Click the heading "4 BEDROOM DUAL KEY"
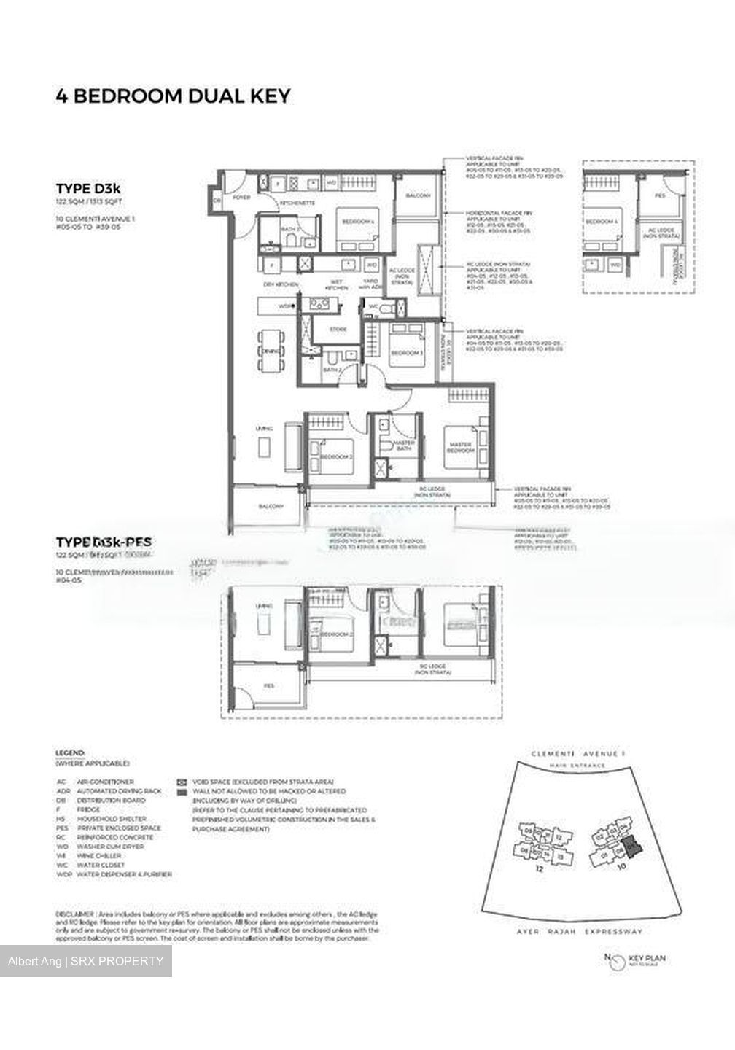click(x=174, y=96)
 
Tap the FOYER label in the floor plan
click(x=241, y=198)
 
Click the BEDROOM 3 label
click(x=402, y=353)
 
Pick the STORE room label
click(x=338, y=330)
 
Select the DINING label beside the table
click(x=268, y=351)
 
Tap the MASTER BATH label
click(x=403, y=445)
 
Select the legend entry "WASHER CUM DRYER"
click(x=105, y=847)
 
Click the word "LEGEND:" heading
click(x=71, y=752)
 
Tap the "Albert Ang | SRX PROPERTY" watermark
click(x=86, y=961)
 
